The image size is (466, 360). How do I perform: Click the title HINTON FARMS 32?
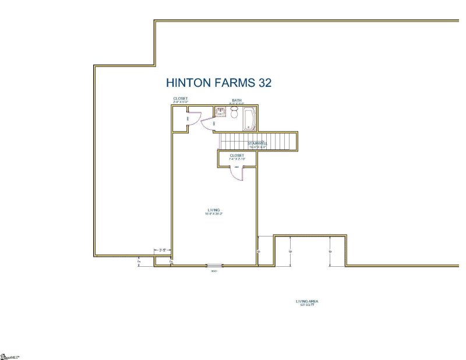tap(219, 83)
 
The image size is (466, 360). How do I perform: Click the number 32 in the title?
tap(265, 83)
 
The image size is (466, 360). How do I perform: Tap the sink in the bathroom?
tap(221, 112)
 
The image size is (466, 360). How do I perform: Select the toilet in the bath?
tap(234, 114)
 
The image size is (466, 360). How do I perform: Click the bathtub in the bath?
tap(249, 118)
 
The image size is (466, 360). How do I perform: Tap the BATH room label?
tap(236, 100)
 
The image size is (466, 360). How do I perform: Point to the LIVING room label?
tap(214, 210)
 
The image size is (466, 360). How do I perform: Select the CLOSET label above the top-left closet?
tap(181, 98)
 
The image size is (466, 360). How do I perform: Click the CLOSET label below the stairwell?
tap(236, 156)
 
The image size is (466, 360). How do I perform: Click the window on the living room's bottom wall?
tap(214, 266)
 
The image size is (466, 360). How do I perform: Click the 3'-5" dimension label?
tap(163, 250)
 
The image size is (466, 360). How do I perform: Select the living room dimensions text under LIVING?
tap(214, 214)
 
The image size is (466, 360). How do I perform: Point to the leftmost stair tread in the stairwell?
tap(222, 141)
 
